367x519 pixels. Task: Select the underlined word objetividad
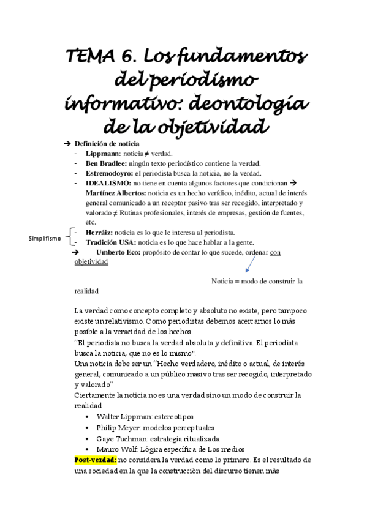91,262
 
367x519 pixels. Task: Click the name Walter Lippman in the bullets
118,417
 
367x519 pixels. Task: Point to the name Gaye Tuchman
118,439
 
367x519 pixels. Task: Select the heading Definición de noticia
107,143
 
